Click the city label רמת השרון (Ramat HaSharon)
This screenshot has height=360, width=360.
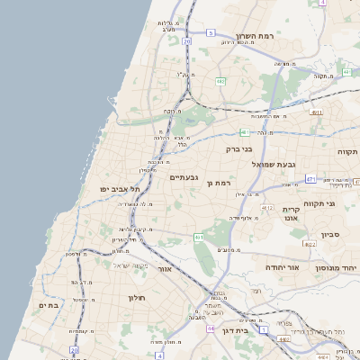[x=256, y=34]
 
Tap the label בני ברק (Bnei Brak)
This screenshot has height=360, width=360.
[x=237, y=149]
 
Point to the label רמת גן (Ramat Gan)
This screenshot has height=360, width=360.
[x=220, y=183]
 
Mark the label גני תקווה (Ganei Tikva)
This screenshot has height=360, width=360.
[x=319, y=203]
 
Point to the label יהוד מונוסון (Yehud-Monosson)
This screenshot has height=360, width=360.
[x=337, y=268]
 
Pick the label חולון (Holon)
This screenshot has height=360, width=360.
[x=136, y=298]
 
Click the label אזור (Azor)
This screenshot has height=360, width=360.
[x=164, y=268]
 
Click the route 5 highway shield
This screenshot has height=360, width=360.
[x=211, y=32]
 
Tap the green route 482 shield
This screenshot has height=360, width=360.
[x=220, y=81]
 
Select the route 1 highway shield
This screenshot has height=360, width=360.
[x=263, y=330]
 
